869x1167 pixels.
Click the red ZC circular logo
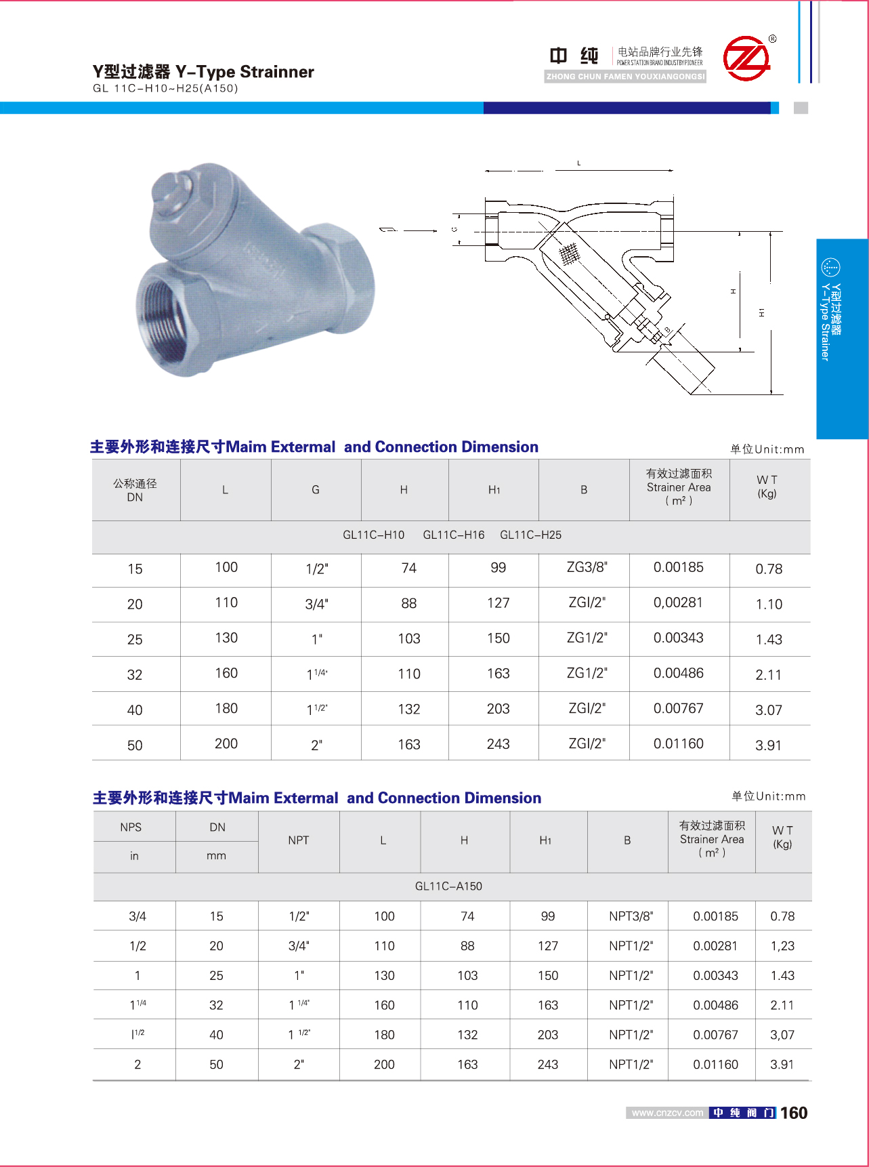click(x=746, y=58)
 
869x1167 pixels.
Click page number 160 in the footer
click(x=793, y=1113)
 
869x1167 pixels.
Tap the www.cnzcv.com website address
click(x=667, y=1113)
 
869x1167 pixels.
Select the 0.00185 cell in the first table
click(x=678, y=567)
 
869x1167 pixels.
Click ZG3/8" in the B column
click(x=587, y=567)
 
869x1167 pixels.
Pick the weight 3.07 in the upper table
click(x=768, y=710)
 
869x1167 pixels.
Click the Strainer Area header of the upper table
click(x=679, y=487)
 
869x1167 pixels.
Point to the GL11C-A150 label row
click(x=448, y=886)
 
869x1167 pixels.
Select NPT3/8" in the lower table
click(x=631, y=916)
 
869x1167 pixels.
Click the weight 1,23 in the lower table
click(x=782, y=946)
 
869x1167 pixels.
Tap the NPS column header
click(x=131, y=827)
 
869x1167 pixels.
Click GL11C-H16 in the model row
click(x=453, y=535)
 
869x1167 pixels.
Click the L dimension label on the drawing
click(x=578, y=163)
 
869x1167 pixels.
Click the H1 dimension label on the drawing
click(x=762, y=312)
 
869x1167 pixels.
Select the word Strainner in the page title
click(x=277, y=72)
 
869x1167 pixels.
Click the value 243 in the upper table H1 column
click(x=498, y=744)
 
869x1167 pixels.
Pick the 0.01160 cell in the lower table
click(x=715, y=1065)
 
